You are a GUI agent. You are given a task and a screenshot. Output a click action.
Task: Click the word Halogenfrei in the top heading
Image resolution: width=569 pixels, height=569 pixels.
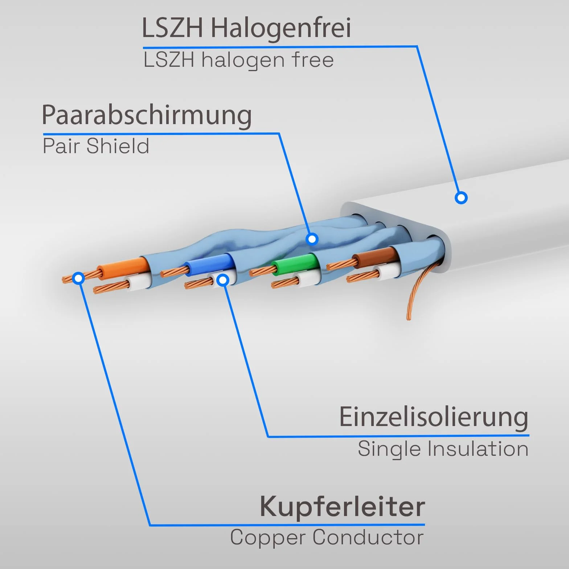pyautogui.click(x=281, y=28)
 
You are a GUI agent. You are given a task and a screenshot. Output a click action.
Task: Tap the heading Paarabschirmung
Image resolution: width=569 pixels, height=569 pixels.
pyautogui.click(x=147, y=115)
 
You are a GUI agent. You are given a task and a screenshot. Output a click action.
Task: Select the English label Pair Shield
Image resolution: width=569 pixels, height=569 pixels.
pyautogui.click(x=96, y=146)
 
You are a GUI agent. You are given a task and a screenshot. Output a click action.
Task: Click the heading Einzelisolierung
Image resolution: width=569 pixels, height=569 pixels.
pyautogui.click(x=434, y=417)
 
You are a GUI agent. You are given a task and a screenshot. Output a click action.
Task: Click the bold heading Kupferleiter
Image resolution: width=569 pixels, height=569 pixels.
pyautogui.click(x=342, y=507)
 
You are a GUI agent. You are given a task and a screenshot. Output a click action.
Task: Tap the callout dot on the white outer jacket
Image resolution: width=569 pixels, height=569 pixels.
pyautogui.click(x=461, y=198)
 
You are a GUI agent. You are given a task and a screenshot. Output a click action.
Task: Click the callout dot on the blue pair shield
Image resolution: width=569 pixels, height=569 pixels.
pyautogui.click(x=312, y=239)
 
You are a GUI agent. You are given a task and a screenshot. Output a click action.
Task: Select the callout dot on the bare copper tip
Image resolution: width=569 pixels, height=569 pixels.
pyautogui.click(x=78, y=278)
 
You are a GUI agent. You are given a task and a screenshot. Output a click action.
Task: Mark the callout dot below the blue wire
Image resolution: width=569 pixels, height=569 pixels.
pyautogui.click(x=223, y=280)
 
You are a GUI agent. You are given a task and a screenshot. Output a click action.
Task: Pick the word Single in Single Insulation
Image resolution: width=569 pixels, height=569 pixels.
pyautogui.click(x=390, y=449)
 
